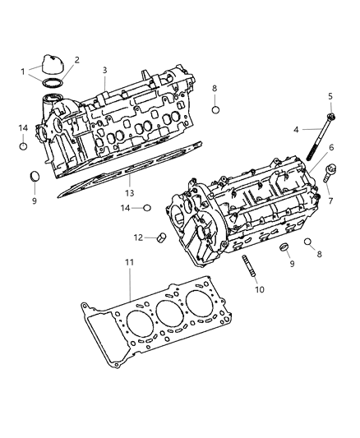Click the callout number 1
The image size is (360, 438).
(23, 71)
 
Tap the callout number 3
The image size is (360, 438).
(105, 71)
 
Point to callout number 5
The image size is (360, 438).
(330, 96)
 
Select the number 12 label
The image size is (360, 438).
(139, 237)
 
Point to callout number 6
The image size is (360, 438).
(330, 147)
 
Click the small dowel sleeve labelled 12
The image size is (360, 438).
(161, 238)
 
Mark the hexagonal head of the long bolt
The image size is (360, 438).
(329, 118)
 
